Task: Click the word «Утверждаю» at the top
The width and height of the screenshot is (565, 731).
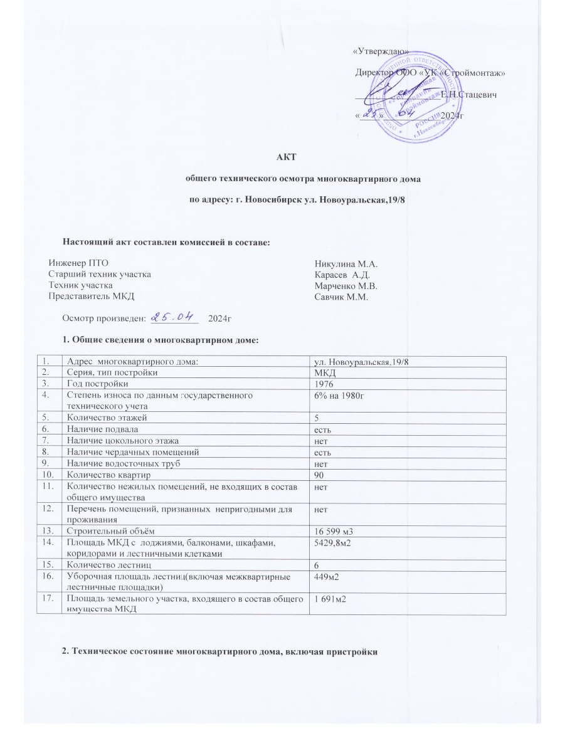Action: (x=381, y=51)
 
